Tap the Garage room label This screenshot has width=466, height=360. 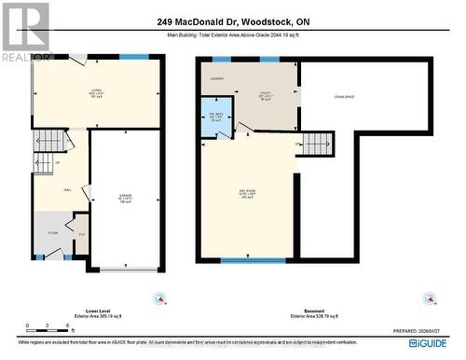pos(124,199)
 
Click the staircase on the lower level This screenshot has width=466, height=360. pos(52,142)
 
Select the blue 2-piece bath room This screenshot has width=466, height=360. pos(216,119)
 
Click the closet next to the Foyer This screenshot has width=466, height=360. pos(81,237)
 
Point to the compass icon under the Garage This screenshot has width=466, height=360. pos(159,298)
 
